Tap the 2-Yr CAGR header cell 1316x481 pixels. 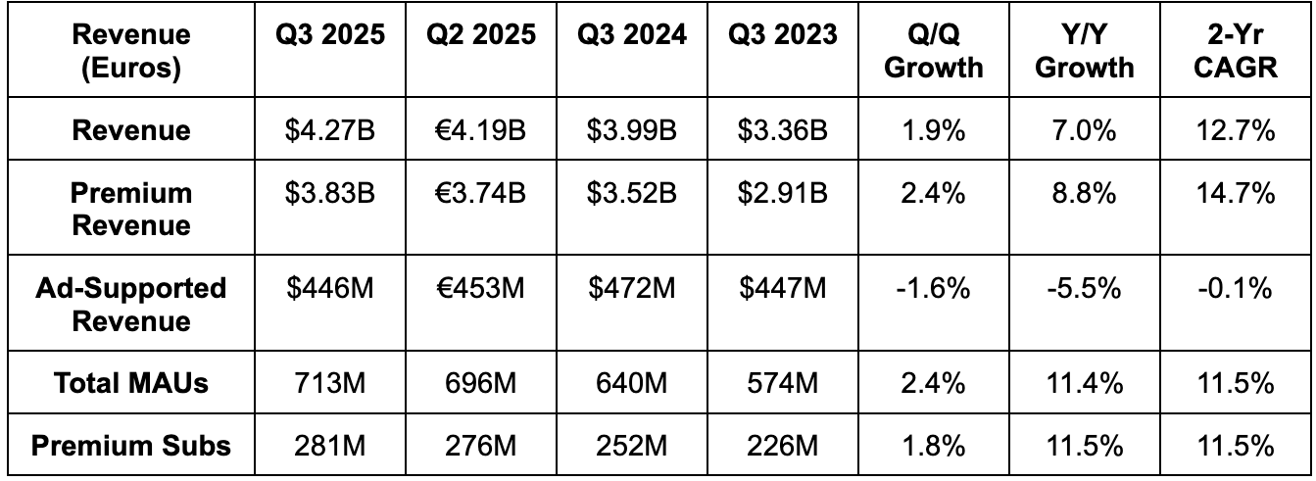click(x=1236, y=51)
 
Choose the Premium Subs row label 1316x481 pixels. click(x=131, y=446)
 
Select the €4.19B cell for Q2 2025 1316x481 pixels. click(x=481, y=131)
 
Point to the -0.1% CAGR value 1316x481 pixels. click(x=1236, y=289)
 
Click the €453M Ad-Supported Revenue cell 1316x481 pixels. click(x=481, y=289)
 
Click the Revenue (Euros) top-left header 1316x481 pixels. click(x=131, y=51)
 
